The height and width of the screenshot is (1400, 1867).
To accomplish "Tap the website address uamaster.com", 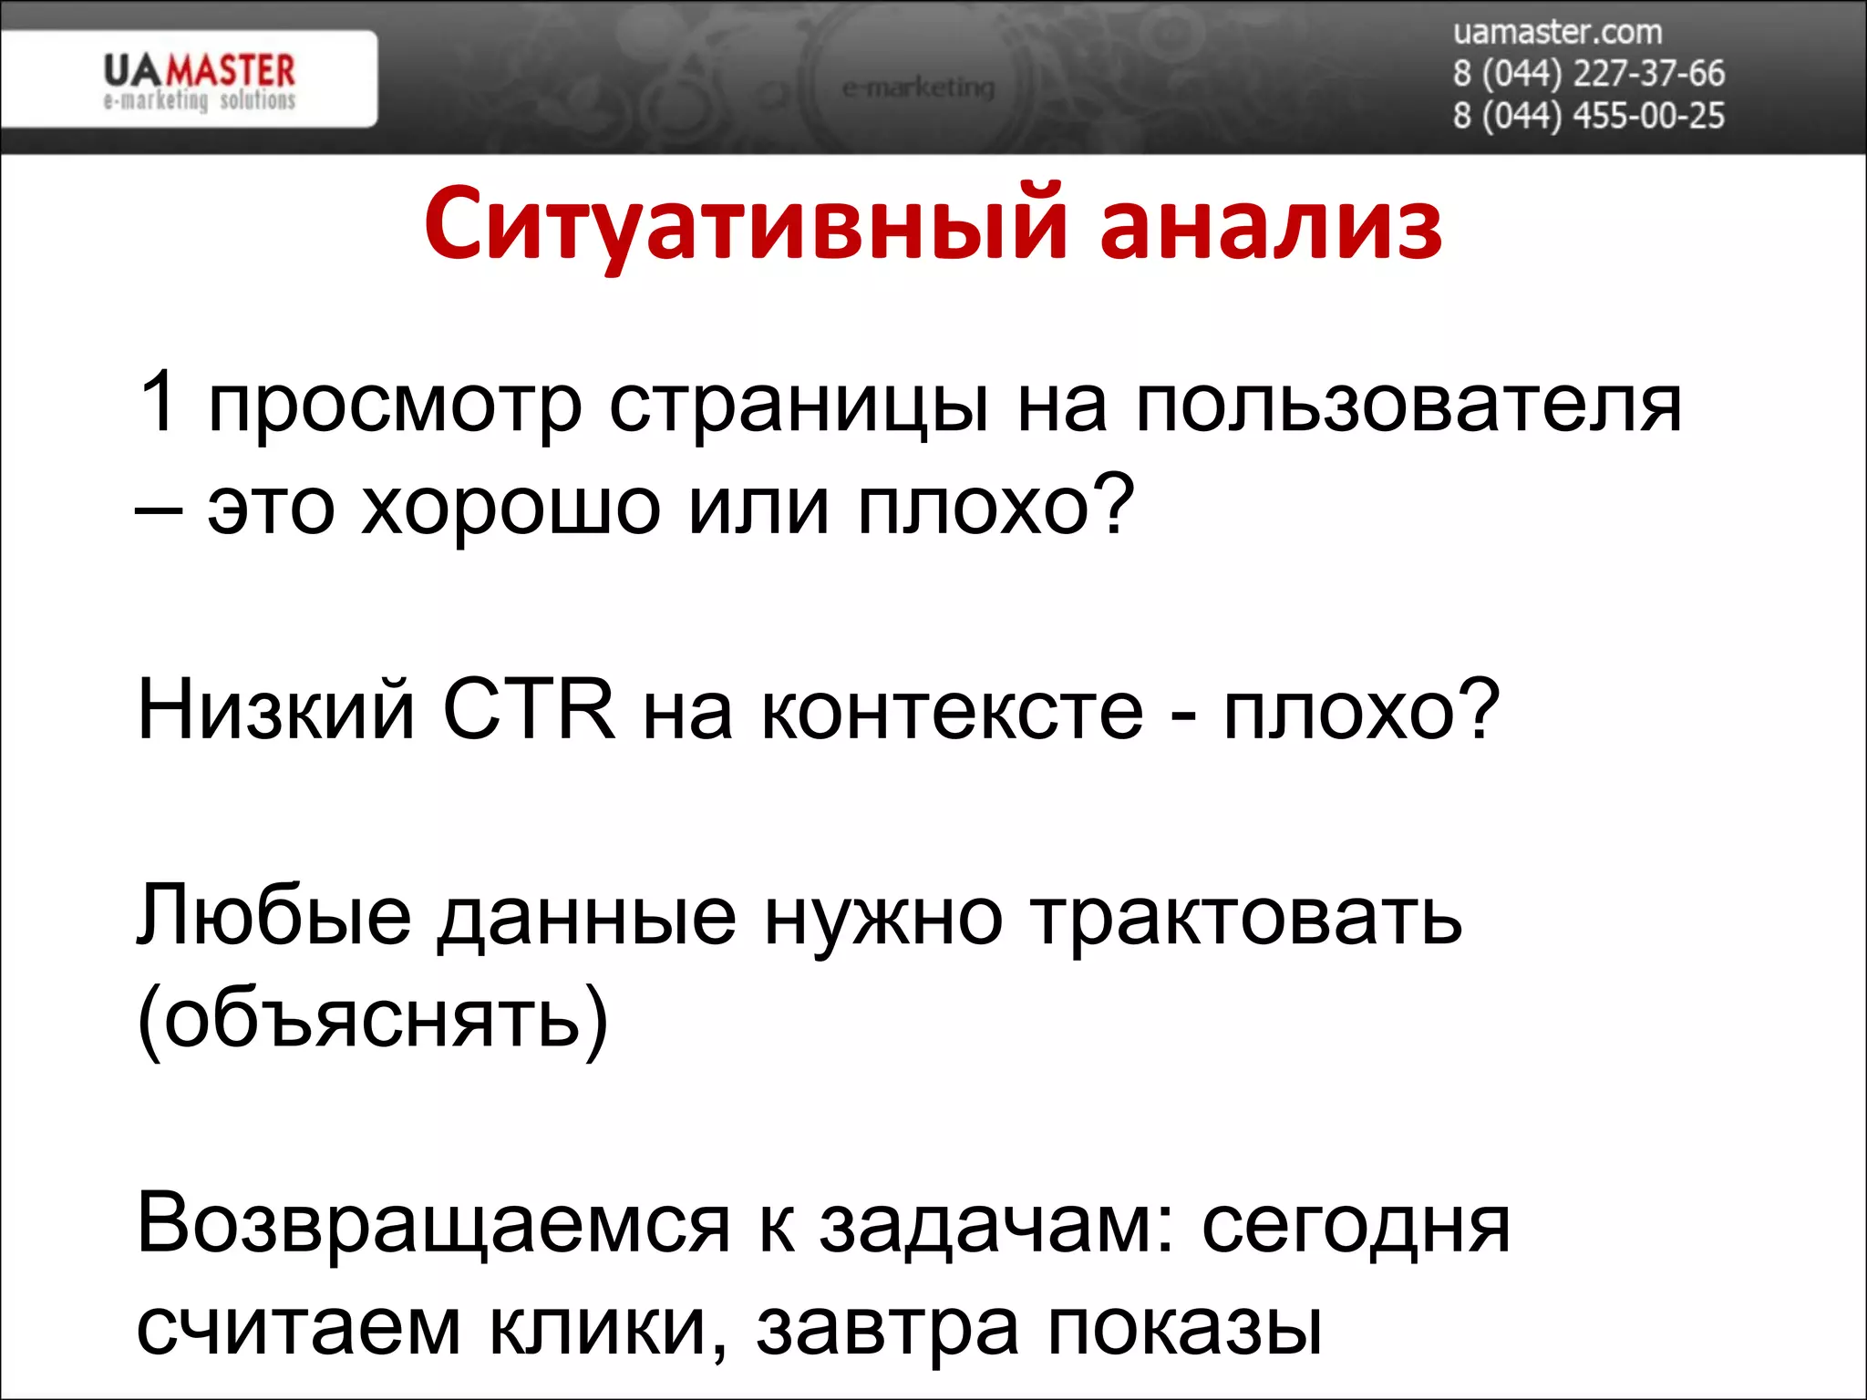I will click(1557, 32).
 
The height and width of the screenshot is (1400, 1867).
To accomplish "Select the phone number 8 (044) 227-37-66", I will click(1588, 73).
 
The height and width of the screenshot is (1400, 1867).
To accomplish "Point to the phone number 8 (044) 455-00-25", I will click(1588, 116).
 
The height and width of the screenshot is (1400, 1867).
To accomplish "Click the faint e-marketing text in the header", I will click(917, 88).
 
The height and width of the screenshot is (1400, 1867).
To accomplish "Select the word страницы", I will click(799, 406).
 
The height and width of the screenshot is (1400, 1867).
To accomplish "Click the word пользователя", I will click(1408, 406).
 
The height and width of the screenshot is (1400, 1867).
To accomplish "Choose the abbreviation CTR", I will click(529, 710).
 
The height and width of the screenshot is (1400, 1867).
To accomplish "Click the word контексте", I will click(951, 712).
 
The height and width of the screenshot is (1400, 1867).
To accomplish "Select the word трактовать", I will click(1246, 916).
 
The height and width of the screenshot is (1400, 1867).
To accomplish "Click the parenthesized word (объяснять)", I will click(372, 1019).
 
